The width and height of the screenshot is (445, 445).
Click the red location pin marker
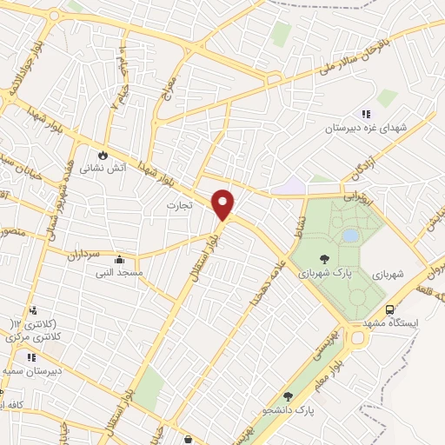pos(223,204)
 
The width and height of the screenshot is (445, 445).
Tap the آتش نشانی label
pos(103,169)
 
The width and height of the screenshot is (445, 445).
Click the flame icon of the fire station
pos(103,155)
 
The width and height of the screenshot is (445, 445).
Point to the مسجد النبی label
pos(118,272)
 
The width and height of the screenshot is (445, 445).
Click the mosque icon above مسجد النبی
pos(119,259)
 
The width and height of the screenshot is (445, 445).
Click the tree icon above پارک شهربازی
pos(324,258)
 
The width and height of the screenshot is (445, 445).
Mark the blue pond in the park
pos(349,236)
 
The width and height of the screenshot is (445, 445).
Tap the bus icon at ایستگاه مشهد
pos(389,309)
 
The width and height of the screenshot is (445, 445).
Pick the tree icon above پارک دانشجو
pos(289,396)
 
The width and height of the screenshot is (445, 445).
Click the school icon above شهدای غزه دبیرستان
pos(366,114)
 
